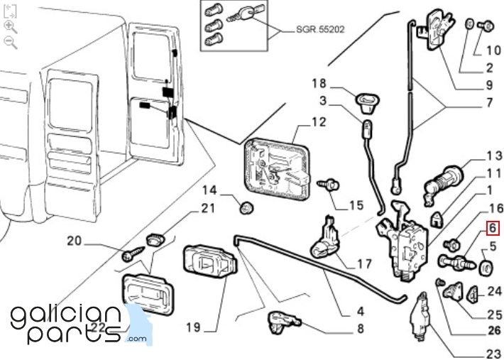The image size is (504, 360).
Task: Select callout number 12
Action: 319,122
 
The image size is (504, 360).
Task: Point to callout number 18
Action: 319,84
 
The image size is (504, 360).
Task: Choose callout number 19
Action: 194,328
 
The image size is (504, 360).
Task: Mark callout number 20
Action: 75,241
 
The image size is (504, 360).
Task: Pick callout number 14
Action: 209,190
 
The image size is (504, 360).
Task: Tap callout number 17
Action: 364,264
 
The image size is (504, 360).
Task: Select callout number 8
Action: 360,329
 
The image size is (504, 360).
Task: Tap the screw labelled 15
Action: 328,185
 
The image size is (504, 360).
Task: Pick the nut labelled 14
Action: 248,208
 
